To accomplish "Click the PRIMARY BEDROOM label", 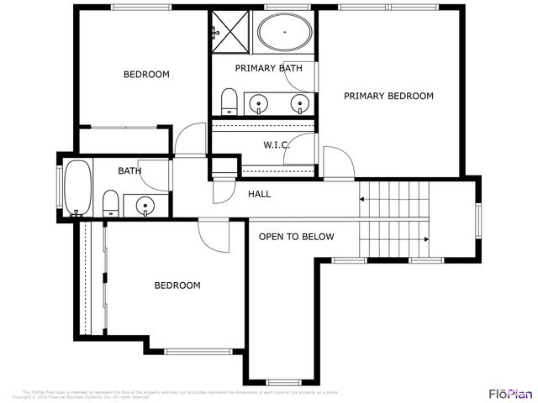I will (388, 96).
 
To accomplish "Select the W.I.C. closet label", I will (277, 145).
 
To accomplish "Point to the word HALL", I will (259, 195).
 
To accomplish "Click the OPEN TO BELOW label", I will (296, 237).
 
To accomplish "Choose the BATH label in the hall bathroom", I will (129, 171).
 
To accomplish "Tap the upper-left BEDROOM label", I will (146, 75).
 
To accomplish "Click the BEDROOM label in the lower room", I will (177, 285).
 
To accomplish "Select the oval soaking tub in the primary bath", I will (283, 34).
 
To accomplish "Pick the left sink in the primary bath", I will (259, 103).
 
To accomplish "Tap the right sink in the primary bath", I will (298, 103).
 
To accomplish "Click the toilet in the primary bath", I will (228, 102).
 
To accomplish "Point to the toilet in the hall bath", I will (109, 202).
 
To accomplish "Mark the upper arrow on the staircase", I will (362, 200).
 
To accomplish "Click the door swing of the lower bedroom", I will (214, 236).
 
